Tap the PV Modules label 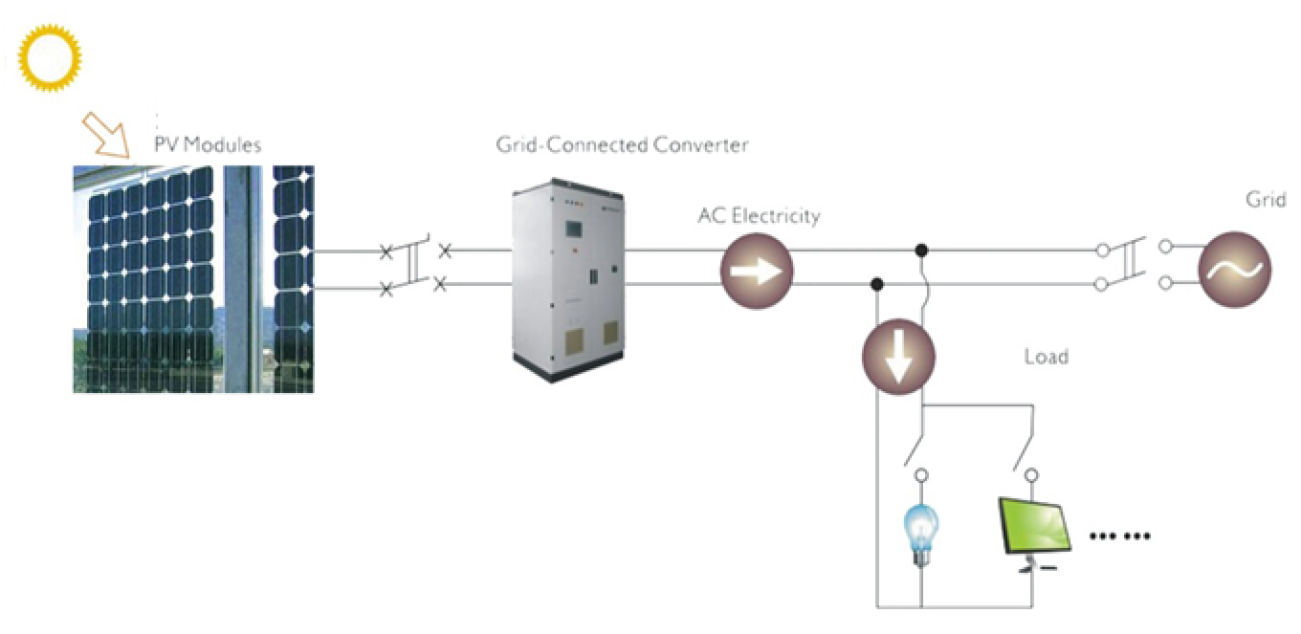coord(208,145)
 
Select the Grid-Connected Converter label coord(622,145)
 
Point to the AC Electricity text coord(759,216)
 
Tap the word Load coord(1046,358)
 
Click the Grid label coord(1265,201)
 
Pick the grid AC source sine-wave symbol coord(1235,270)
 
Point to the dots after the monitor coord(1119,536)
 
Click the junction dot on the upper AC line coord(921,251)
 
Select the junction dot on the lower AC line coord(876,284)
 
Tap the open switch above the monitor coord(1025,448)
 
